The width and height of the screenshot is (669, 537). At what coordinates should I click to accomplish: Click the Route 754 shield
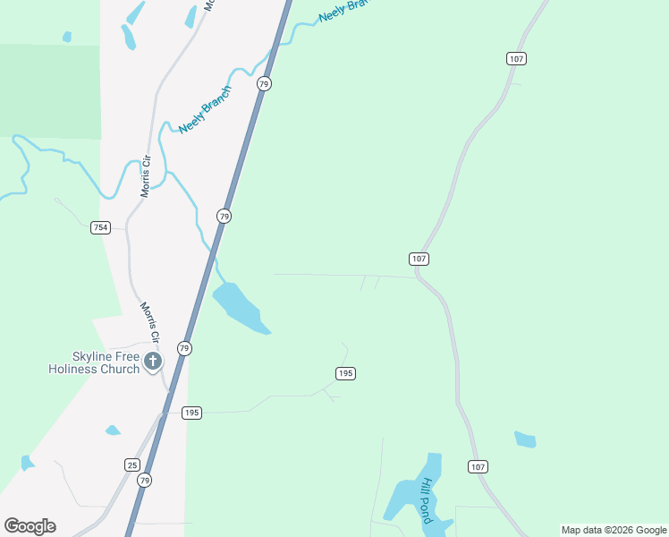[x=100, y=227]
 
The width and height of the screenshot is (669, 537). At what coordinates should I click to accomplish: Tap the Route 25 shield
[x=131, y=465]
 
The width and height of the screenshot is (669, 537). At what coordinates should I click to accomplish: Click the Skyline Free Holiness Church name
[x=94, y=362]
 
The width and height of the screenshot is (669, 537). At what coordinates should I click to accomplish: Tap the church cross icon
[x=153, y=362]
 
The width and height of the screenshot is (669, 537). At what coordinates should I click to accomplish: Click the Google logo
[x=30, y=526]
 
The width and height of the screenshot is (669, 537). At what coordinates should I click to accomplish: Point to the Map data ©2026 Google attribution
[x=614, y=530]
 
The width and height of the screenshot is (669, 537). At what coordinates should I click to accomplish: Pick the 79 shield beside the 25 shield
[x=145, y=481]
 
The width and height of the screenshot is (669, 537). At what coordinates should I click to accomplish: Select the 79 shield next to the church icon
[x=183, y=348]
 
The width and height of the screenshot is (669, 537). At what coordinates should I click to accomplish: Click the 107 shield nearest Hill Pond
[x=478, y=466]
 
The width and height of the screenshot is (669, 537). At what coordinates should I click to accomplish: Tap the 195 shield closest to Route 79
[x=191, y=413]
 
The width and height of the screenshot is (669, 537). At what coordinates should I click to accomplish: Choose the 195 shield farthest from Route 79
[x=346, y=373]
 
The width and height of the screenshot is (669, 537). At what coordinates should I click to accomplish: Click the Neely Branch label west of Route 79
[x=205, y=110]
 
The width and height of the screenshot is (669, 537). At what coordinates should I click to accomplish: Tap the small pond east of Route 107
[x=525, y=439]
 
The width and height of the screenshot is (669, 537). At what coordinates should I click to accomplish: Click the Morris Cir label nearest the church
[x=148, y=323]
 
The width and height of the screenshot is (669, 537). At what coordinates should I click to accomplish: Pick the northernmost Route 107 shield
[x=515, y=58]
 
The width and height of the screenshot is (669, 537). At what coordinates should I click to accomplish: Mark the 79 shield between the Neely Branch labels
[x=263, y=83]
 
